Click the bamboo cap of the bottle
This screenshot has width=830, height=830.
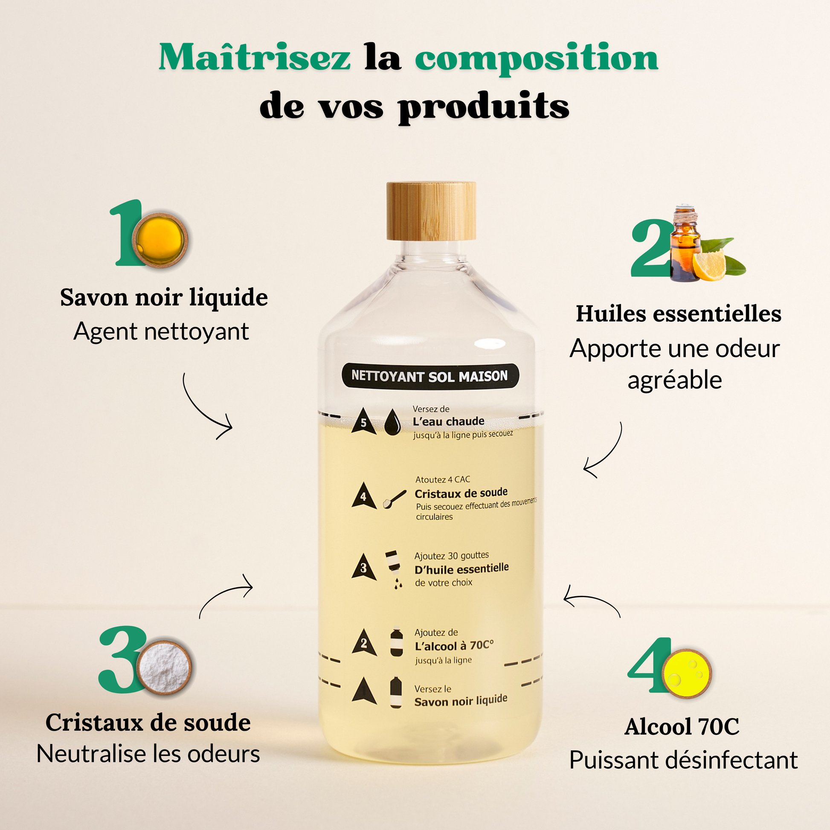431,211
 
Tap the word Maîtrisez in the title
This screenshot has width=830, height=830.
254,57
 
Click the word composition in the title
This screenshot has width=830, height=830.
537,59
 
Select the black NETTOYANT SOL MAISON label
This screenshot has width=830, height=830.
430,376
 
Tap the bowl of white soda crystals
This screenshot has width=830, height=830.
164,667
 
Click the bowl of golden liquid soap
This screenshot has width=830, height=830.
160,240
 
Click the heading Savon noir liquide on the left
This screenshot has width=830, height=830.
164,298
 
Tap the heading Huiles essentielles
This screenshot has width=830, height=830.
678,313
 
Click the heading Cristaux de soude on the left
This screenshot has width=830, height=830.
148,723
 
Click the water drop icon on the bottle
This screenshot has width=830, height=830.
392,423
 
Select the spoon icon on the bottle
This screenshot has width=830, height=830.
395,499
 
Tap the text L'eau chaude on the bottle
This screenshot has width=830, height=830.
449,421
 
